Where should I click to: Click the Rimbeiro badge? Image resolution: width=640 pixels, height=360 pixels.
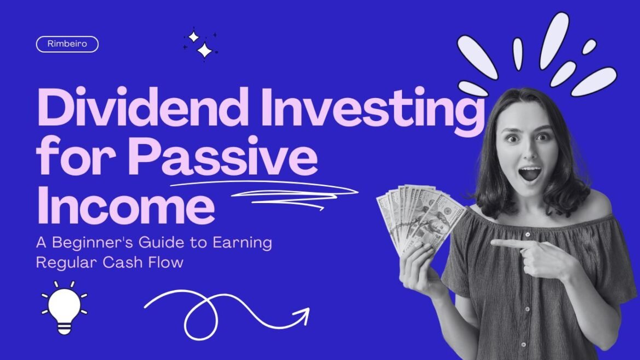click(67, 44)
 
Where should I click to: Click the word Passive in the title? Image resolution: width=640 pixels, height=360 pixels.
click(223, 156)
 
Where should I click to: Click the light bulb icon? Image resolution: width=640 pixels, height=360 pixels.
click(65, 307)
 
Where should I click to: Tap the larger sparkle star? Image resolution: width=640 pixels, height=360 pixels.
click(205, 51)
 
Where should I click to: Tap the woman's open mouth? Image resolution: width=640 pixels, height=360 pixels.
click(530, 173)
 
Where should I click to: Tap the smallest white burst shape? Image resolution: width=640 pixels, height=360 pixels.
click(589, 47)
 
